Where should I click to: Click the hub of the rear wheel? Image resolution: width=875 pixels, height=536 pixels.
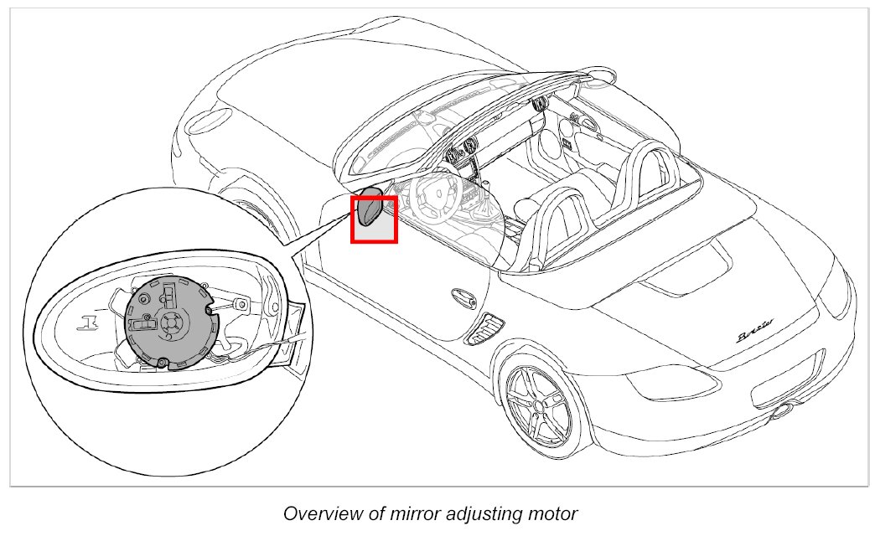(539, 405)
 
